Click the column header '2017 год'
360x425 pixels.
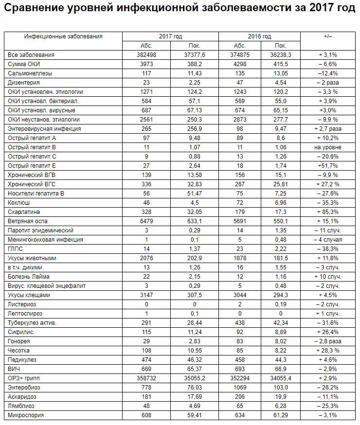(170, 36)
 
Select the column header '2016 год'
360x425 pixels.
(260, 36)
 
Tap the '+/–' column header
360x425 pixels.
(327, 36)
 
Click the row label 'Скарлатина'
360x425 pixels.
(24, 212)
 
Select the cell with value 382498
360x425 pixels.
(146, 55)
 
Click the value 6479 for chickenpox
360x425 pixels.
(146, 221)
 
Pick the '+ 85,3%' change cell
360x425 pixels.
(327, 212)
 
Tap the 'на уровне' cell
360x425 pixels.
(327, 147)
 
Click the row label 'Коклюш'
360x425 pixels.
(19, 203)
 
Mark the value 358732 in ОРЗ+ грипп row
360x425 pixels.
(146, 378)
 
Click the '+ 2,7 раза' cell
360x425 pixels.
(327, 129)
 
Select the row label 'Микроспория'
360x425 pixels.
(26, 415)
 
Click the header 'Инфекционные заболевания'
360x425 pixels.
(63, 36)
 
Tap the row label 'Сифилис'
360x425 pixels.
(21, 332)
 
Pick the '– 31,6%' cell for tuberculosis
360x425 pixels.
(327, 323)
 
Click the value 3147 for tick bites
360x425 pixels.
(146, 295)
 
